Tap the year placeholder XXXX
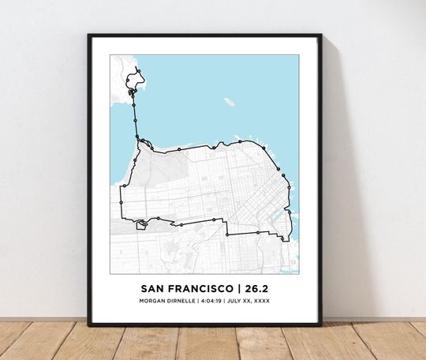pyautogui.click(x=271, y=301)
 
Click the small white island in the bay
pyautogui.click(x=229, y=101)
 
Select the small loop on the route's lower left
pyautogui.click(x=142, y=224)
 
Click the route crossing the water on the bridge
pyautogui.click(x=135, y=118)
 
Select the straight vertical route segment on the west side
pyautogui.click(x=120, y=202)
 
